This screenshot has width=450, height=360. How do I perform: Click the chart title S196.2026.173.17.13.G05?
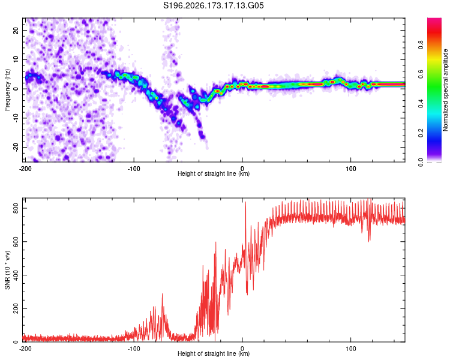tap(213, 5)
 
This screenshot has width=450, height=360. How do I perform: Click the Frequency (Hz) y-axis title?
tap(7, 90)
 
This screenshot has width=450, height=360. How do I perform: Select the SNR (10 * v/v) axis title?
tap(7, 270)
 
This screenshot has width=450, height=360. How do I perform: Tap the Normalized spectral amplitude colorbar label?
tap(445, 90)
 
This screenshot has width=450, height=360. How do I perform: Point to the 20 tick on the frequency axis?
tap(16, 30)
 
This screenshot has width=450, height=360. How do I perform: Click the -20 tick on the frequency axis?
tap(16, 148)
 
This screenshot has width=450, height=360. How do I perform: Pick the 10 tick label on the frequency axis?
tap(16, 59)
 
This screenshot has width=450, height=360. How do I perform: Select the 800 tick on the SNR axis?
tap(16, 208)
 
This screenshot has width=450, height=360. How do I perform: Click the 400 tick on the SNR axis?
tap(16, 275)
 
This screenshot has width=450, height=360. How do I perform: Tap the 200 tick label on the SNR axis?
tap(16, 308)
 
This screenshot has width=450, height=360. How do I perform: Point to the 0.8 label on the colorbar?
tap(421, 45)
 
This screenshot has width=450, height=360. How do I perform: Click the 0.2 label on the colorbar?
tap(421, 133)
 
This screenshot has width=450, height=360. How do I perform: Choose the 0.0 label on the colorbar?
tap(421, 163)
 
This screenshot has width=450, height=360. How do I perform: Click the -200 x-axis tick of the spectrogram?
tap(25, 169)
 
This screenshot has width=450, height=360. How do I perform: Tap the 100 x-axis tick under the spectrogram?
tap(351, 169)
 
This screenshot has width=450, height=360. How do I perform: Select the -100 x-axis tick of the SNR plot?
tap(134, 349)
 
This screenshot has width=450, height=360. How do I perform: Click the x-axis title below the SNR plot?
tap(214, 353)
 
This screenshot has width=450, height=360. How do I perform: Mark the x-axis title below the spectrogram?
tap(214, 173)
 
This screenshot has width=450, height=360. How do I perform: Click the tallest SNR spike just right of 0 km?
tap(245, 202)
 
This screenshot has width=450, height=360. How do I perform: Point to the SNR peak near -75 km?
tap(162, 294)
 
